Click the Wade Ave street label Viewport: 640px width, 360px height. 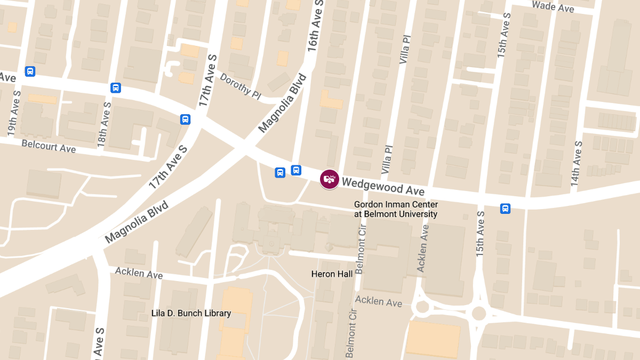click(553, 7)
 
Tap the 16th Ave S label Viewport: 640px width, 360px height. click(316, 25)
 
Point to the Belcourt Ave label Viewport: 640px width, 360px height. click(49, 146)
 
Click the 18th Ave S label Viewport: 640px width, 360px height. click(103, 124)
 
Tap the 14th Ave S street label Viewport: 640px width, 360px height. click(575, 163)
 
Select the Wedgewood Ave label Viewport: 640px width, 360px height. click(383, 187)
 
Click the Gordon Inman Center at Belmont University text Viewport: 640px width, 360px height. click(396, 209)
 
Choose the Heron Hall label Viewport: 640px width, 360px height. click(332, 274)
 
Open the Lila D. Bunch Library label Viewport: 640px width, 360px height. click(191, 313)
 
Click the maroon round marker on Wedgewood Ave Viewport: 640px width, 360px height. click(330, 179)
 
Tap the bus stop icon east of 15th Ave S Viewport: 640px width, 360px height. click(505, 209)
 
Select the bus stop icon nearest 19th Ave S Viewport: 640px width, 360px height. click(30, 71)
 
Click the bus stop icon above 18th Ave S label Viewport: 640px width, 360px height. click(116, 88)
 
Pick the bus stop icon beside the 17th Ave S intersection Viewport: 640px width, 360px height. click(185, 119)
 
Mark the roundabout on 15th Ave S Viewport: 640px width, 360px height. click(479, 313)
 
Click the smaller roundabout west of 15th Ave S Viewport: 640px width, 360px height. click(422, 307)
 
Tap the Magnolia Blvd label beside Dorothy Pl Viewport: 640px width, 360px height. click(283, 103)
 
